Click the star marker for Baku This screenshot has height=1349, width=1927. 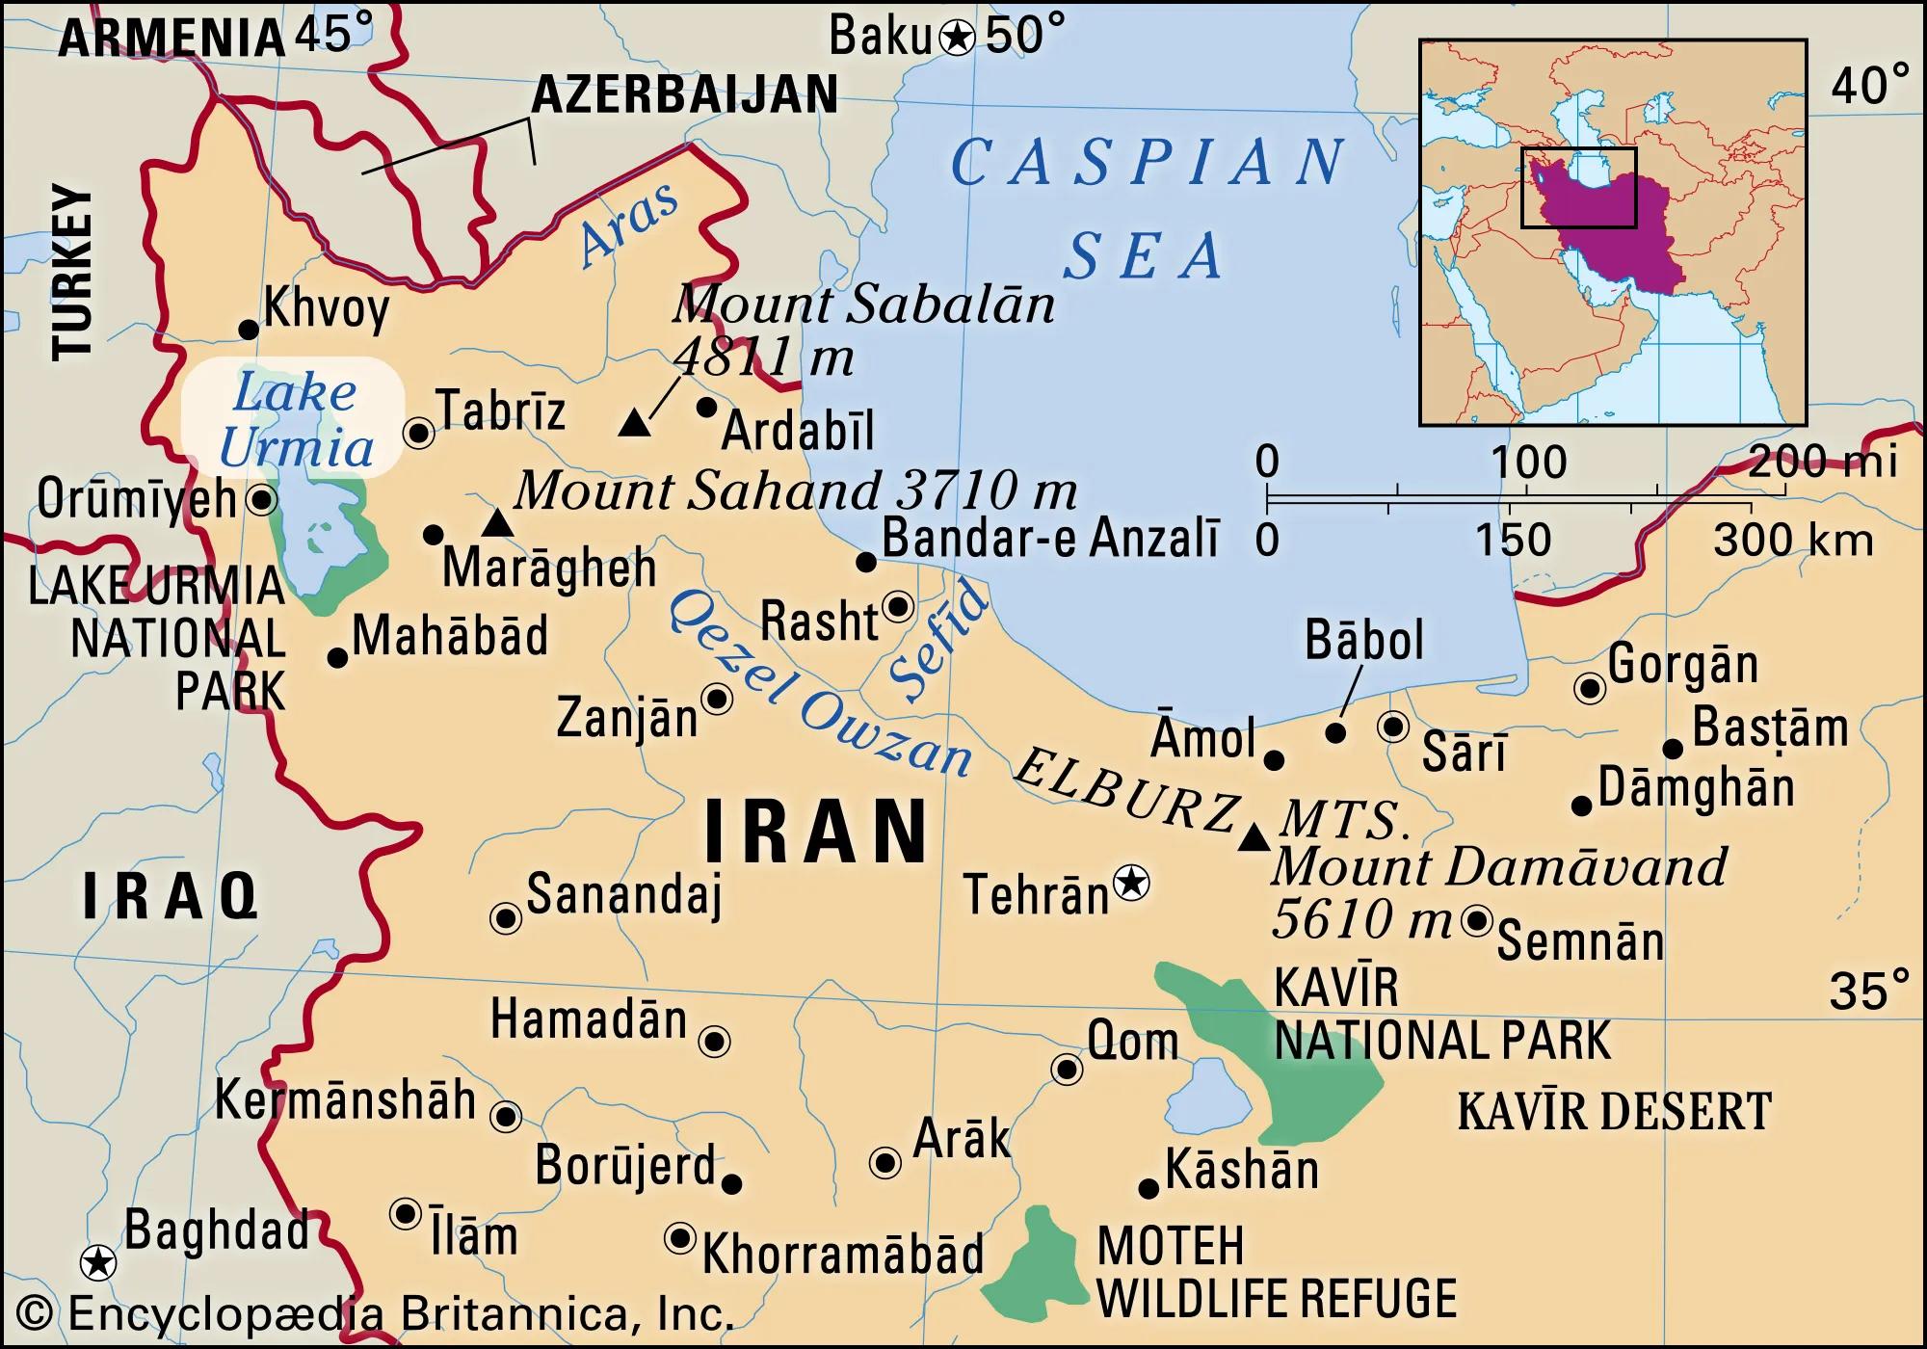pos(957,39)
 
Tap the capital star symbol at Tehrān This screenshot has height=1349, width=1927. pos(1131,883)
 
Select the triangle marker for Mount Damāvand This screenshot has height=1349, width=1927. pos(1254,837)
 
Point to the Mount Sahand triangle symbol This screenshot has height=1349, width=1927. pos(496,523)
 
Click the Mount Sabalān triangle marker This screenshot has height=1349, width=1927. pos(633,423)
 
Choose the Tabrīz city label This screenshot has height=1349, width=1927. pos(501,411)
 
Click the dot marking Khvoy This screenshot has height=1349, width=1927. pos(248,331)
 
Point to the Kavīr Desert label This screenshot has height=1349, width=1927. pos(1614,1111)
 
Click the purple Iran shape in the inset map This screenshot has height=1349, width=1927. pos(1609,231)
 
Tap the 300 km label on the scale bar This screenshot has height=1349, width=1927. pos(1793,540)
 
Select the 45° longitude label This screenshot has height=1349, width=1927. pos(332,35)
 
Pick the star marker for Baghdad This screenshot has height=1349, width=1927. pos(97,1261)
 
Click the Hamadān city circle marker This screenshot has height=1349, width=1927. pos(714,1041)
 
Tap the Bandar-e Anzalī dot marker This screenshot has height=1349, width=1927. pos(865,562)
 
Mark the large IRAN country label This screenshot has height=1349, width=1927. pos(815,831)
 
